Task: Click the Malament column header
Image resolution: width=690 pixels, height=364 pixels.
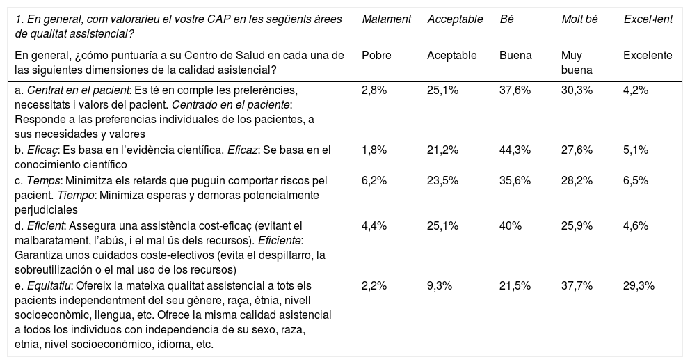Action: [x=387, y=19]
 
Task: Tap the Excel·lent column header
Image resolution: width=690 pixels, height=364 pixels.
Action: [x=648, y=19]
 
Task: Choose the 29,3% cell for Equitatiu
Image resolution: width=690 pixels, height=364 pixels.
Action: [x=639, y=286]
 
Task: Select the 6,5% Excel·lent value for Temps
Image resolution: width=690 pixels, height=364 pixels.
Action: [x=636, y=180]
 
